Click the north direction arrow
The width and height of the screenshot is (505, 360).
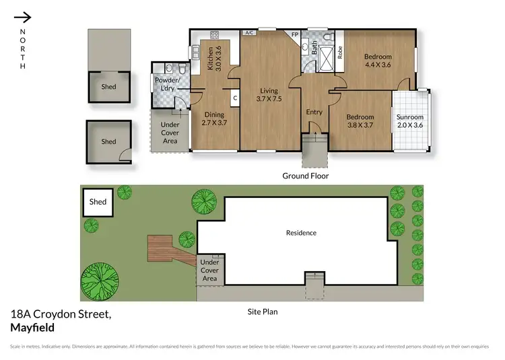(22, 17)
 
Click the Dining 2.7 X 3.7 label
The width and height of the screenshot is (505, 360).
(214, 118)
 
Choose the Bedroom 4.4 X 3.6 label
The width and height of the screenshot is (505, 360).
(378, 61)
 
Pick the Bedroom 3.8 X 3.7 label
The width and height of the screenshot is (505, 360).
(360, 120)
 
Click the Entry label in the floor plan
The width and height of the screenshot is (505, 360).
(314, 112)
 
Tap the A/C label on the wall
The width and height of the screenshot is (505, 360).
(248, 32)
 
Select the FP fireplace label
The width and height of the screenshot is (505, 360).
(294, 35)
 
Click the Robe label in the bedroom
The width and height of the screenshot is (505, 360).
(340, 52)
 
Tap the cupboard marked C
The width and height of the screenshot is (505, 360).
(235, 97)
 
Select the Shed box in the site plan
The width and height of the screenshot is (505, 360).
(98, 202)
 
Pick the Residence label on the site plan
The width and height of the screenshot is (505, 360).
(301, 233)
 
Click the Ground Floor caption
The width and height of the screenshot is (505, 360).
(305, 176)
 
